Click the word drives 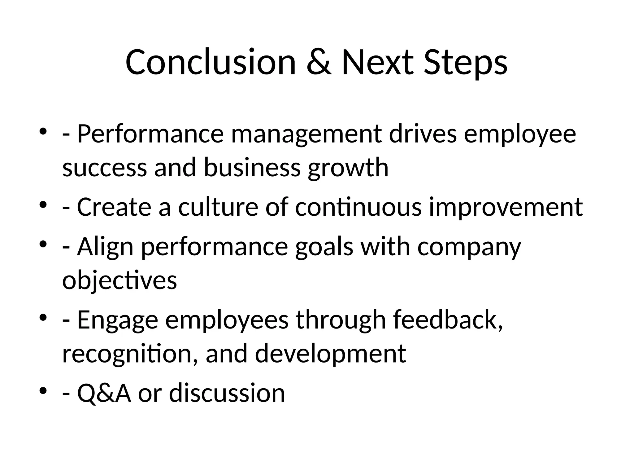tap(423, 134)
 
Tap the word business tap(252, 167)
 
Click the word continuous tap(358, 207)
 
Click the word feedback tap(448, 320)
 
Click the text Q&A tap(104, 393)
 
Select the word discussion tap(227, 393)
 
